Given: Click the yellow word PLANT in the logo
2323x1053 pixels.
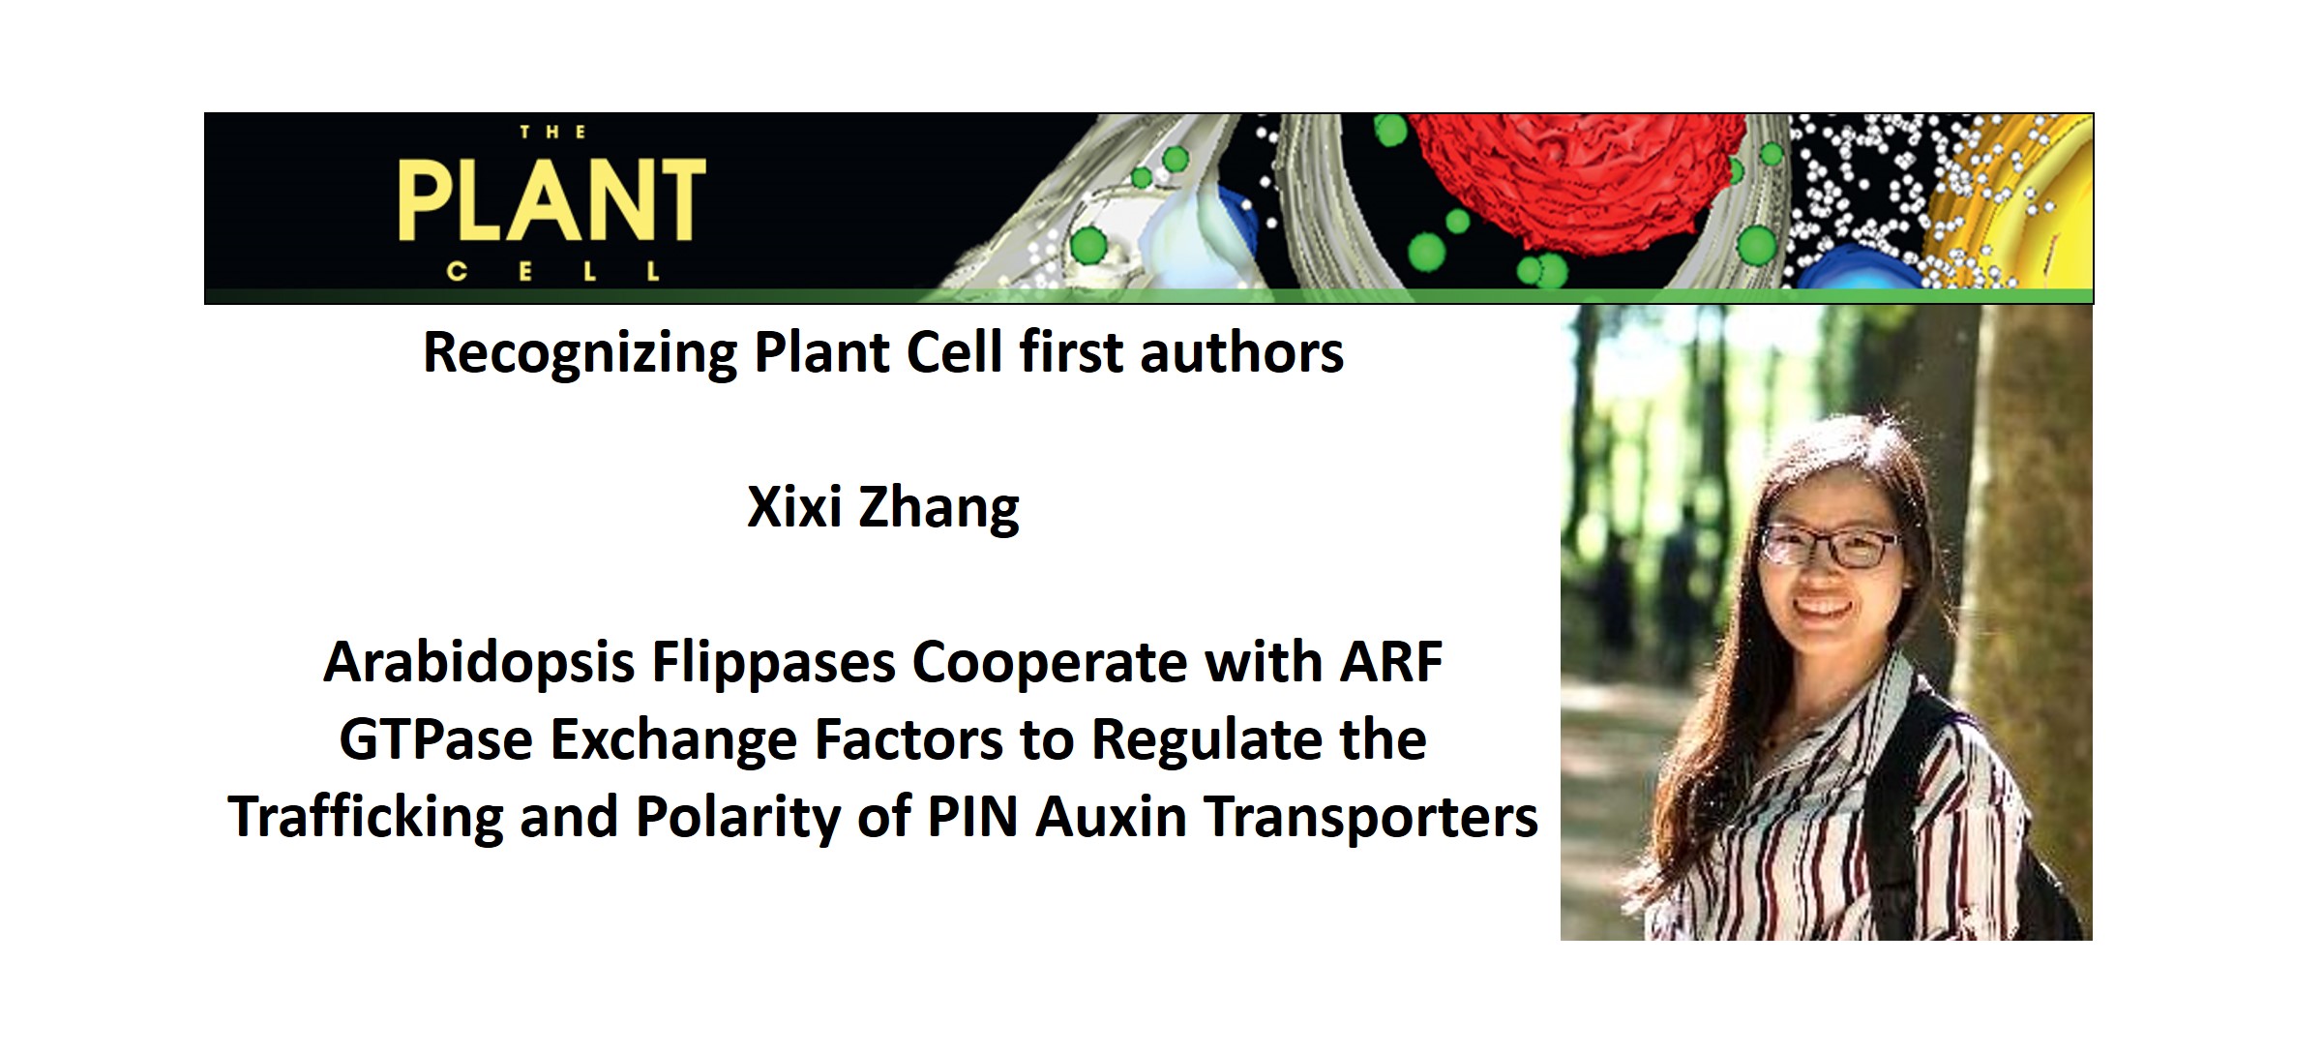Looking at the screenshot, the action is [x=551, y=200].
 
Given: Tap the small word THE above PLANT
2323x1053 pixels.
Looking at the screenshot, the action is [x=552, y=133].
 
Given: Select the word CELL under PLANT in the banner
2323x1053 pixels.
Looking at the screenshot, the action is [x=553, y=272].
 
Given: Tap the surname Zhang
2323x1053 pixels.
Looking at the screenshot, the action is [x=938, y=509].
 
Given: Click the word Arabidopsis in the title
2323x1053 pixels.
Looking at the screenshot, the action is [x=478, y=664].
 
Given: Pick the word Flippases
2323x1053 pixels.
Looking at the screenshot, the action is [x=773, y=664].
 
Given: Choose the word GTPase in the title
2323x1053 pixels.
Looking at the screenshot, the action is [x=436, y=740].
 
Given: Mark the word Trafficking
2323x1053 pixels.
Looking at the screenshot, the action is [x=366, y=817].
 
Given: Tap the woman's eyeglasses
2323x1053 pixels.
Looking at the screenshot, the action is [x=1829, y=546].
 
